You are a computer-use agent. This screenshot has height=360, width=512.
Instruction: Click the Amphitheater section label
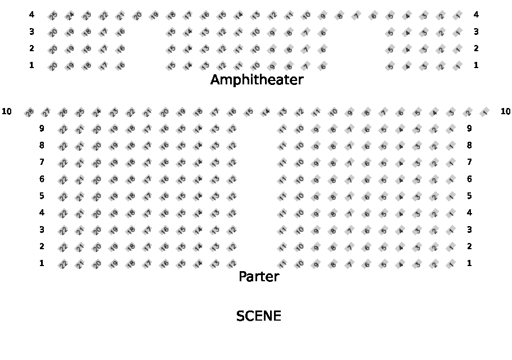pyautogui.click(x=257, y=80)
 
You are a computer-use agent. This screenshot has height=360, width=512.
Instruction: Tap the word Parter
pyautogui.click(x=259, y=277)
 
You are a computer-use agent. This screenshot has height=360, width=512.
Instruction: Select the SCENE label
pyautogui.click(x=259, y=316)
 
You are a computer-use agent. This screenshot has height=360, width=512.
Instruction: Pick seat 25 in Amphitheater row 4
pyautogui.click(x=53, y=16)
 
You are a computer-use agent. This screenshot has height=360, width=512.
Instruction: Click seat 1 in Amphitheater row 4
pyautogui.click(x=458, y=16)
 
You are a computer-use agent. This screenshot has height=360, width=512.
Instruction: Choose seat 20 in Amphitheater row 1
pyautogui.click(x=53, y=66)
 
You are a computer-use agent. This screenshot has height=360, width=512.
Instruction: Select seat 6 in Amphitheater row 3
pyautogui.click(x=323, y=33)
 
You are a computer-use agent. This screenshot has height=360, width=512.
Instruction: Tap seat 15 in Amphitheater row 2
pyautogui.click(x=171, y=49)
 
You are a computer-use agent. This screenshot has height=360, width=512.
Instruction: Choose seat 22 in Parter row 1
pyautogui.click(x=63, y=264)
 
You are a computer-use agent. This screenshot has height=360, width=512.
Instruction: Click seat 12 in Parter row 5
pyautogui.click(x=232, y=196)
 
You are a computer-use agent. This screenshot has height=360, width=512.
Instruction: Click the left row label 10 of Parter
pyautogui.click(x=7, y=111)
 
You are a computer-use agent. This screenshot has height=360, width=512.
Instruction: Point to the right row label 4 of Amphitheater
pyautogui.click(x=476, y=15)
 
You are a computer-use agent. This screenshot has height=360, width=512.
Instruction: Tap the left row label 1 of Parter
pyautogui.click(x=42, y=263)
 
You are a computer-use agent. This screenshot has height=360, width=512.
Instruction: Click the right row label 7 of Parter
pyautogui.click(x=469, y=162)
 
